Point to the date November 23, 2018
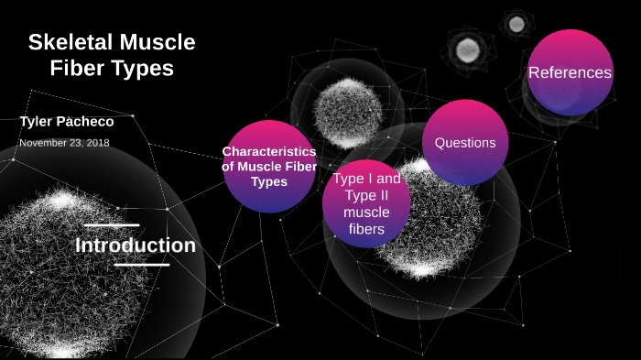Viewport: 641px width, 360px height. [x=64, y=143]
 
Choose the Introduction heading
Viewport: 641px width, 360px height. [x=136, y=245]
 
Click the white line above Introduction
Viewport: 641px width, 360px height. [x=111, y=224]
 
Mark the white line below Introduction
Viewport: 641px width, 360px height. [x=142, y=265]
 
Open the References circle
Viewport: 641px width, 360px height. [x=570, y=72]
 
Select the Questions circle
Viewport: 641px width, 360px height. [x=465, y=143]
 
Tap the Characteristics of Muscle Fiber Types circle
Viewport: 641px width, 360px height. [x=269, y=167]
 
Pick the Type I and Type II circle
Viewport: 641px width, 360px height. [x=366, y=204]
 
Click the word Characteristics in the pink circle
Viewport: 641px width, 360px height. [x=269, y=151]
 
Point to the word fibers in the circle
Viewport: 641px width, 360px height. [x=366, y=229]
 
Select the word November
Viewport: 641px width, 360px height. [x=44, y=143]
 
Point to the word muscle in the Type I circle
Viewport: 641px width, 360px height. [x=366, y=213]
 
